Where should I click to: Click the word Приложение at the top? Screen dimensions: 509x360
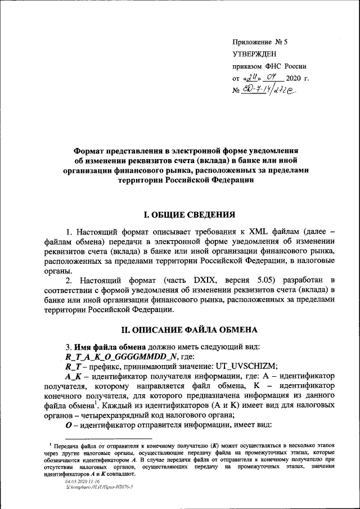pyautogui.click(x=251, y=42)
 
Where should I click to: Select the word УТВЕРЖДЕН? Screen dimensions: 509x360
pyautogui.click(x=254, y=54)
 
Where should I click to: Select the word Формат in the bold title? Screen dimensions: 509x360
pyautogui.click(x=93, y=151)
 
